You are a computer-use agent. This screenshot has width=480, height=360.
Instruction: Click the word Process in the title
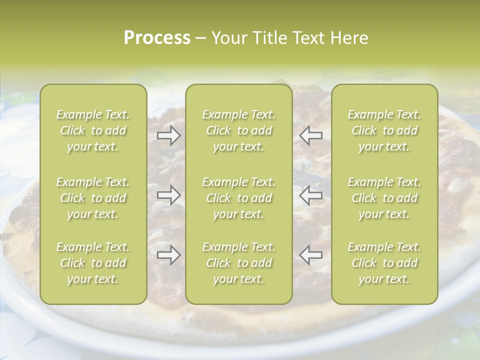point(157,37)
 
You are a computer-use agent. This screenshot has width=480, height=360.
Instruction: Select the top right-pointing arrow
point(169,135)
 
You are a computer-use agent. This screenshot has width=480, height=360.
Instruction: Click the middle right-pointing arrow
point(169,195)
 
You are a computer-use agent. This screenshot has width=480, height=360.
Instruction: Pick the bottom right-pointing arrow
point(169,255)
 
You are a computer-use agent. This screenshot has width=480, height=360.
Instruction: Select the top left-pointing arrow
point(310,135)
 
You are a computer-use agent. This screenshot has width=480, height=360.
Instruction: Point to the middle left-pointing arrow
point(310,195)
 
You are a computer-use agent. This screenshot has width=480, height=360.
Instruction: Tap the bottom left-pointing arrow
point(310,255)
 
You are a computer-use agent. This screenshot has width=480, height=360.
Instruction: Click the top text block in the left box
point(93,130)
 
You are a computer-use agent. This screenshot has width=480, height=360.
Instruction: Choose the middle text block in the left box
point(93,198)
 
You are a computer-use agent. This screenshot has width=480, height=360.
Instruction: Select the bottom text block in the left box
point(93,263)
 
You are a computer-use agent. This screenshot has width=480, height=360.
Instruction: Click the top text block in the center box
point(239,130)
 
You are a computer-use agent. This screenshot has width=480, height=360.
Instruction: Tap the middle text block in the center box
point(239,198)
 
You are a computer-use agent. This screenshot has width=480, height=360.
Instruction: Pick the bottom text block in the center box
point(239,263)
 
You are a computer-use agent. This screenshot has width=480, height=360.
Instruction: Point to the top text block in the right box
point(384,130)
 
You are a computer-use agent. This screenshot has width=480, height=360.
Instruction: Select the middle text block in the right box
point(384,198)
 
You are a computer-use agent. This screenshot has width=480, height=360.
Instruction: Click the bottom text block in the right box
point(384,263)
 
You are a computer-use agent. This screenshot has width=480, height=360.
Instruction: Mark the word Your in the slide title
point(229,38)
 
